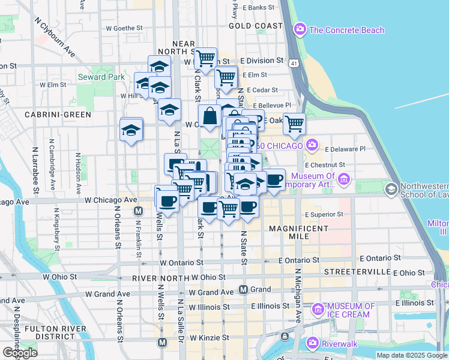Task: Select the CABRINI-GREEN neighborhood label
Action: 58,114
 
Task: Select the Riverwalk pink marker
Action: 312,343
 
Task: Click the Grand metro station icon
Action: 243,290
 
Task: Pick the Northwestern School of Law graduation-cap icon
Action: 391,190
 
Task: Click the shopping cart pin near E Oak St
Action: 294,124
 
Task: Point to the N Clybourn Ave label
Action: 55,37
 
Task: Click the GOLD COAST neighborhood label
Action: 256,26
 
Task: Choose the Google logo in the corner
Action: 20,353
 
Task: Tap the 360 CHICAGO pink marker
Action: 312,145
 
